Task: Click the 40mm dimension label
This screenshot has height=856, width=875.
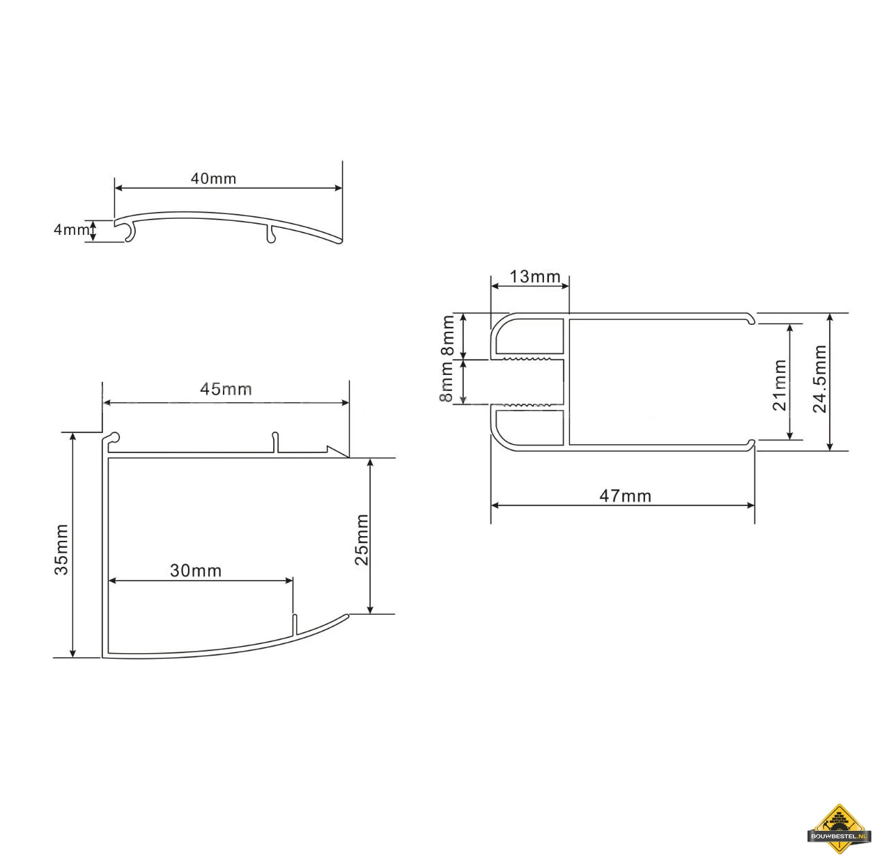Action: (x=213, y=178)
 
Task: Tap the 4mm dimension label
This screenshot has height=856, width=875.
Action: (x=71, y=229)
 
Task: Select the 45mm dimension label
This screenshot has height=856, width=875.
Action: (x=226, y=389)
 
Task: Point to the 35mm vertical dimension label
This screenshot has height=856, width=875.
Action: (x=61, y=549)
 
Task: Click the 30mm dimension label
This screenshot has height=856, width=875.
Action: (x=196, y=571)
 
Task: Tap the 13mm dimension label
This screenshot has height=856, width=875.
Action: (x=534, y=277)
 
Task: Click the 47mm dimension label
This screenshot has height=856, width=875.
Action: (x=625, y=496)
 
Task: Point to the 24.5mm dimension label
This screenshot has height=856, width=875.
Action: (x=819, y=379)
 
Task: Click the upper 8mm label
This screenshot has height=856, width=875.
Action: (x=448, y=335)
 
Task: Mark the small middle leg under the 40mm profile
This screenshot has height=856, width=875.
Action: (x=270, y=235)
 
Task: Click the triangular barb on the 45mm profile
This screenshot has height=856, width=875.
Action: (x=337, y=451)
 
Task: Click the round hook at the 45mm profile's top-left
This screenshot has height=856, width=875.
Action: (x=114, y=438)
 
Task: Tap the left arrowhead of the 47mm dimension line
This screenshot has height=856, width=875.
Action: (x=495, y=505)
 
